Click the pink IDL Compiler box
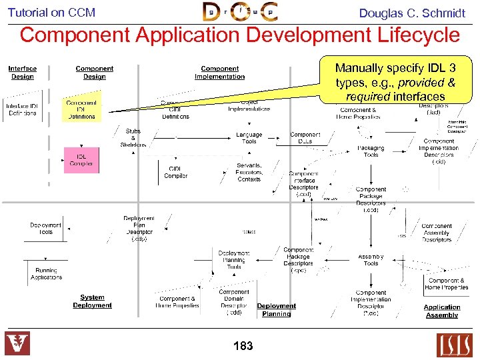click(81, 160)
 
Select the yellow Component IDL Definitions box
click(81, 109)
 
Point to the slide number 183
click(243, 345)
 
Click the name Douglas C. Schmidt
click(412, 13)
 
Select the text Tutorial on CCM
click(51, 12)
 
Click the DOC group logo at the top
click(240, 12)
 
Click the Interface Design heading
click(23, 72)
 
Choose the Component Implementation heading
click(219, 72)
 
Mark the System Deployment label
click(92, 301)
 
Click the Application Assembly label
click(442, 311)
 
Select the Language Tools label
click(249, 138)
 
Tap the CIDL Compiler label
click(176, 173)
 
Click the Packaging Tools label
click(371, 151)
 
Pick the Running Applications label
click(46, 273)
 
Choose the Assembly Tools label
click(371, 260)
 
